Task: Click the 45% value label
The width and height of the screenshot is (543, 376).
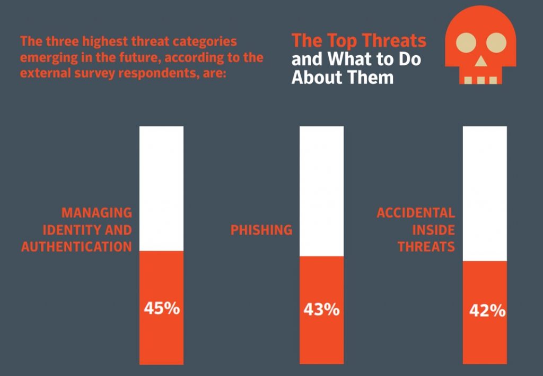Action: pyautogui.click(x=162, y=309)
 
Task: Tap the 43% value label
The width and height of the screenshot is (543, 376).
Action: pyautogui.click(x=321, y=310)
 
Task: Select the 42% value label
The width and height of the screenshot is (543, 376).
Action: pyautogui.click(x=487, y=311)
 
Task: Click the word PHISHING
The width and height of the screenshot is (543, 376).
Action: pyautogui.click(x=261, y=230)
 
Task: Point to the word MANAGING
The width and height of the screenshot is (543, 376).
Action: pyautogui.click(x=97, y=213)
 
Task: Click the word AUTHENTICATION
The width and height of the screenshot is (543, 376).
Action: pyautogui.click(x=76, y=247)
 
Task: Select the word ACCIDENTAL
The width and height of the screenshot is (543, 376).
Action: pyautogui.click(x=416, y=213)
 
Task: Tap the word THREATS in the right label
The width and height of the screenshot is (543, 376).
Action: pyautogui.click(x=426, y=247)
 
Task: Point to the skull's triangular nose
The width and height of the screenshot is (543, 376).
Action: pyautogui.click(x=481, y=62)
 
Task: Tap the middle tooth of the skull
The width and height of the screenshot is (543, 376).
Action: pyautogui.click(x=481, y=80)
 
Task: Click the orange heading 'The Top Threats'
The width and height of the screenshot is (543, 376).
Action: pyautogui.click(x=359, y=40)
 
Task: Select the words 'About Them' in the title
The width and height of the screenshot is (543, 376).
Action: pyautogui.click(x=343, y=78)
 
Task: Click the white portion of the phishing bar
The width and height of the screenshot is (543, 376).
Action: pyautogui.click(x=321, y=191)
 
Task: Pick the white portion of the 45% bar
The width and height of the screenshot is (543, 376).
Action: pyautogui.click(x=161, y=189)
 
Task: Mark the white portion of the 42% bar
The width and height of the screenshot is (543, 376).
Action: pyautogui.click(x=485, y=194)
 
